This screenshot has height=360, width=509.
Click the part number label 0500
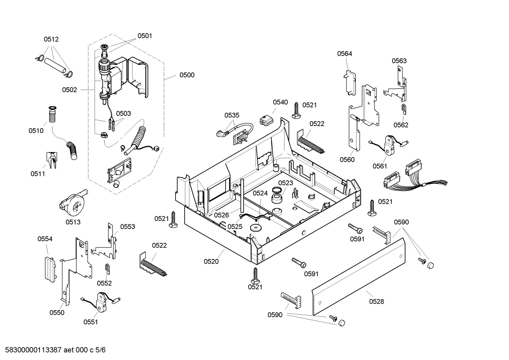pyautogui.click(x=187, y=75)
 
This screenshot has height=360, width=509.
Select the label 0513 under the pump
pyautogui.click(x=73, y=222)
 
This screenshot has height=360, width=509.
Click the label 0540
pyautogui.click(x=280, y=102)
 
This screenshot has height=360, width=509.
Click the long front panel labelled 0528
pyautogui.click(x=358, y=276)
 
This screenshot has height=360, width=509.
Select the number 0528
pyautogui.click(x=376, y=301)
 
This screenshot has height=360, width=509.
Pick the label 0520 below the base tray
pyautogui.click(x=211, y=261)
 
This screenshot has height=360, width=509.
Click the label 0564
pyautogui.click(x=344, y=54)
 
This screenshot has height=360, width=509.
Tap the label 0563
pyautogui.click(x=399, y=61)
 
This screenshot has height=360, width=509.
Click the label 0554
pyautogui.click(x=45, y=239)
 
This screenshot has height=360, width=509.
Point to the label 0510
pyautogui.click(x=36, y=131)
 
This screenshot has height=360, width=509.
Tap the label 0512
pyautogui.click(x=51, y=40)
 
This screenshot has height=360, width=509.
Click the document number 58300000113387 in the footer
pyautogui.click(x=31, y=350)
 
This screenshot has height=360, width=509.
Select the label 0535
pyautogui.click(x=232, y=115)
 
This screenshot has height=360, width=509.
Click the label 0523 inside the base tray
pyautogui.click(x=285, y=183)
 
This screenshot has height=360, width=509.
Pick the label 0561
pyautogui.click(x=380, y=166)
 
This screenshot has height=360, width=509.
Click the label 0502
pyautogui.click(x=69, y=90)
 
